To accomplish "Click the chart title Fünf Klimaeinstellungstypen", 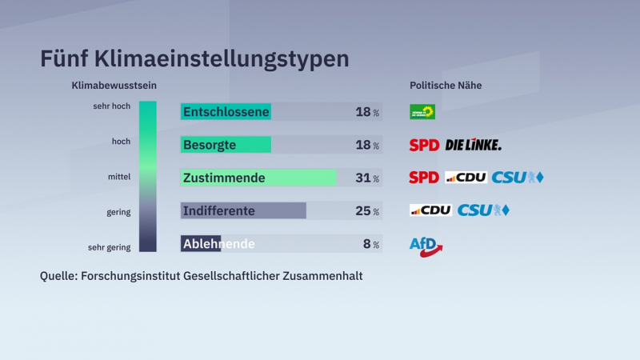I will pyautogui.click(x=194, y=59).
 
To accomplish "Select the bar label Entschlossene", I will pyautogui.click(x=226, y=112).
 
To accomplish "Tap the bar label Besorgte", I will pyautogui.click(x=210, y=145).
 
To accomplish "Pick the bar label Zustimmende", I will pyautogui.click(x=224, y=178).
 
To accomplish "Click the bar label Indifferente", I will pyautogui.click(x=219, y=211).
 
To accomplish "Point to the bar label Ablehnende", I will pyautogui.click(x=219, y=243).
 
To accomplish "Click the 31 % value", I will pyautogui.click(x=367, y=178).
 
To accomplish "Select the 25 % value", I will pyautogui.click(x=367, y=211).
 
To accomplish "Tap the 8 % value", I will pyautogui.click(x=370, y=244).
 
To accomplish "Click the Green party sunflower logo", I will pyautogui.click(x=422, y=112).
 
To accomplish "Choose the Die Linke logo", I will pyautogui.click(x=473, y=145).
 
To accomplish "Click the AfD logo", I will pyautogui.click(x=426, y=245).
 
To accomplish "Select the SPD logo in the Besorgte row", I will pyautogui.click(x=424, y=145).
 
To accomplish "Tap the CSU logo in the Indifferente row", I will pyautogui.click(x=483, y=210).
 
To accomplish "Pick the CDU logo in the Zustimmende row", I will pyautogui.click(x=466, y=178).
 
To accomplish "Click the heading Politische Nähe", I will pyautogui.click(x=446, y=86).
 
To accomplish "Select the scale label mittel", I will pyautogui.click(x=118, y=176).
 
